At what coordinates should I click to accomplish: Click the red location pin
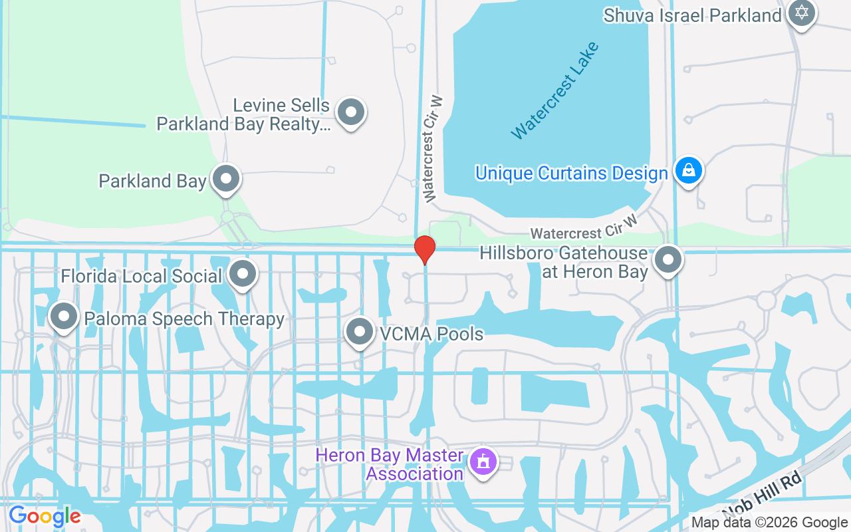[x=425, y=249]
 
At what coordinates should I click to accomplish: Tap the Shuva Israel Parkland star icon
[x=801, y=13]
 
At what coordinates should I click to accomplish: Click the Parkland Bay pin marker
[x=226, y=179]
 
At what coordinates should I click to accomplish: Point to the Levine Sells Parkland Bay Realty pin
[x=350, y=112]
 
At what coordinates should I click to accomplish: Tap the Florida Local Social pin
[x=243, y=273]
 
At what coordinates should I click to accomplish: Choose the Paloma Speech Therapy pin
[x=64, y=317]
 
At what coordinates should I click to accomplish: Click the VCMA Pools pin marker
[x=360, y=331]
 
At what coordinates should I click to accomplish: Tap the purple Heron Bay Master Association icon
[x=483, y=461]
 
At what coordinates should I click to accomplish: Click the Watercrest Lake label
[x=555, y=90]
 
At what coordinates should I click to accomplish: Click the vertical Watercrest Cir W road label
[x=433, y=148]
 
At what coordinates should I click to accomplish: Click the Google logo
[x=45, y=515]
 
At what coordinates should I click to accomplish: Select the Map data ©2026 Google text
[x=769, y=523]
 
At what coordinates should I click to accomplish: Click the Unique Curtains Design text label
[x=571, y=174]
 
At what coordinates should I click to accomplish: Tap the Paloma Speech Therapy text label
[x=184, y=319]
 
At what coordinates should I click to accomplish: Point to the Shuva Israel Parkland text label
[x=692, y=15]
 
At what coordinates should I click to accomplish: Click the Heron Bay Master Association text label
[x=390, y=465]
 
